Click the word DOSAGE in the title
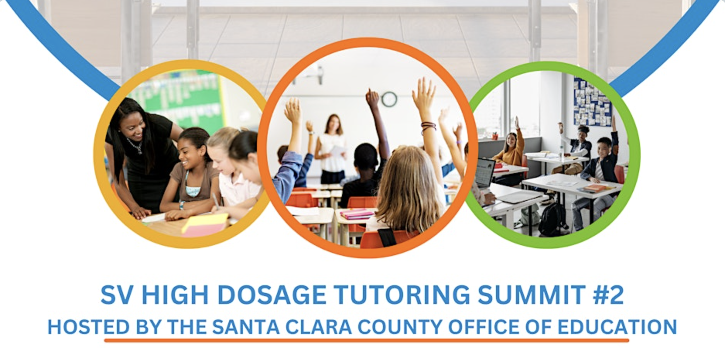pos(272,295)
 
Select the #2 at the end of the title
pos(608,295)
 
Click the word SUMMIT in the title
pos(532,295)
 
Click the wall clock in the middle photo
pos(389,99)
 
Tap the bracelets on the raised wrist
pos(428,127)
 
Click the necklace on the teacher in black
pos(135,147)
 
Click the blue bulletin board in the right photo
pos(592,101)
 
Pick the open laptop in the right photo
pos(485,172)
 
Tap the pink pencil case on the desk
pos(357,214)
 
